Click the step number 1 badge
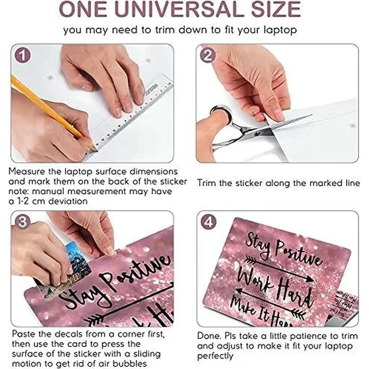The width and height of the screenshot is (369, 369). click(x=23, y=55)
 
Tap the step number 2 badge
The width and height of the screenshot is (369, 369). click(x=208, y=55)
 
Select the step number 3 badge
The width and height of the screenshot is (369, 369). click(x=23, y=222)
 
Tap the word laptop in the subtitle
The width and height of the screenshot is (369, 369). click(x=280, y=31)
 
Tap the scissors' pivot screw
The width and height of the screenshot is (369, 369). click(x=258, y=133)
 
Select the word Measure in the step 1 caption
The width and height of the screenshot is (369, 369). click(x=27, y=172)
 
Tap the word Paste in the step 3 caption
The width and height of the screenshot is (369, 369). click(x=23, y=334)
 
